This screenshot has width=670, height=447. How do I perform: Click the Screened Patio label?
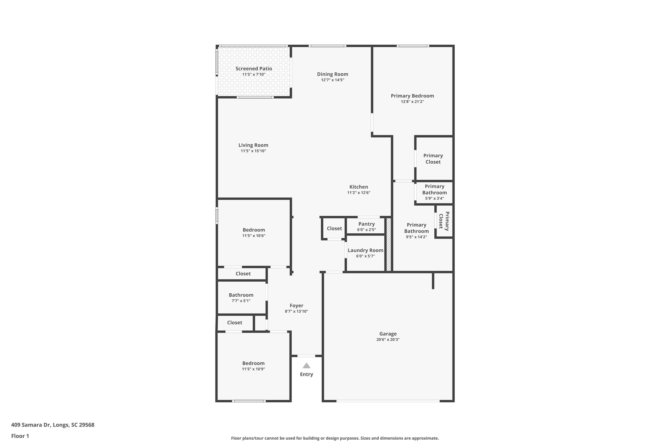(x=253, y=69)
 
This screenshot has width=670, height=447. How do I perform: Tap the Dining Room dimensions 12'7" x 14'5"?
(x=333, y=80)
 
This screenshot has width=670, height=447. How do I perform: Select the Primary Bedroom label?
(x=412, y=96)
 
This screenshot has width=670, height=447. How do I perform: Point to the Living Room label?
(x=253, y=145)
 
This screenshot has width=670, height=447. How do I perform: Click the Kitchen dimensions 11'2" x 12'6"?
(x=359, y=193)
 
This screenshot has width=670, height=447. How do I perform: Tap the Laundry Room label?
(x=365, y=250)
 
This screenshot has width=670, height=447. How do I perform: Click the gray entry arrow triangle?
(x=306, y=365)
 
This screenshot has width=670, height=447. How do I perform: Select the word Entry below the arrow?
(x=306, y=374)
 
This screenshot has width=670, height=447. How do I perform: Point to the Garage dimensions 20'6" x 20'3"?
(x=388, y=339)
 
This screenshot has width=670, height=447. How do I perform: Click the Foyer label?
(x=296, y=306)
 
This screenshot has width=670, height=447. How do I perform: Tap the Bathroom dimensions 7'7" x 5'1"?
(x=241, y=301)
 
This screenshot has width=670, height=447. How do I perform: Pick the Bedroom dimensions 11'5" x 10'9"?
(x=253, y=369)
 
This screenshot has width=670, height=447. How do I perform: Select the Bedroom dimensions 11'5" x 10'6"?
(x=253, y=236)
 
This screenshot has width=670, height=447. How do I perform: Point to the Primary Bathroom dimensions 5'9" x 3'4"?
(x=434, y=199)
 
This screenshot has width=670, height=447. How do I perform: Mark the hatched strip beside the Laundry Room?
(x=389, y=245)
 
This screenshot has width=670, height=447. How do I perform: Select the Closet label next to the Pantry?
(x=334, y=229)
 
